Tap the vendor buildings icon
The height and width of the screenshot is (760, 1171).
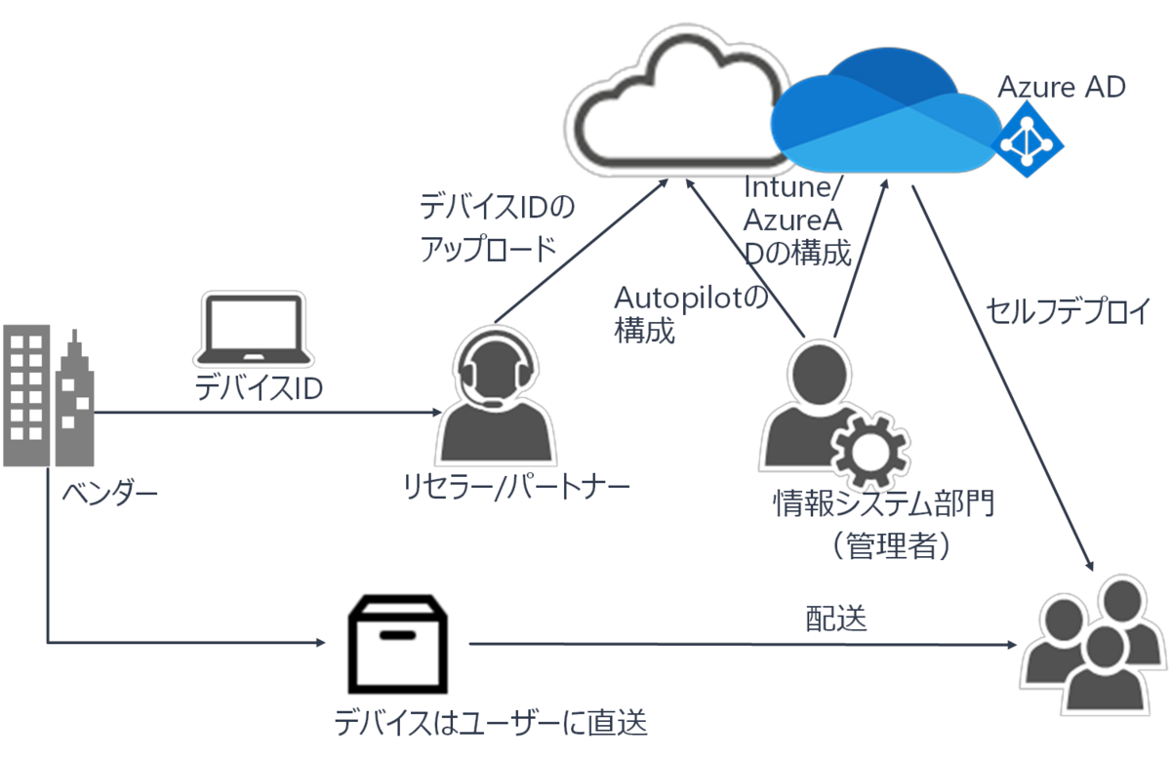point(49,398)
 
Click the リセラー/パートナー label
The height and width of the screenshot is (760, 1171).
point(516,485)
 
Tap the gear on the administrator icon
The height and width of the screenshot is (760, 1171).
point(868,446)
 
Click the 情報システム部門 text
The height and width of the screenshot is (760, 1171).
point(885,504)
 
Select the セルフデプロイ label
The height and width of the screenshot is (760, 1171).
point(1069,311)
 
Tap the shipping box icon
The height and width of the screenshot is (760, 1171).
point(399,645)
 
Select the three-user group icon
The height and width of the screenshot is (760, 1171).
point(1096,643)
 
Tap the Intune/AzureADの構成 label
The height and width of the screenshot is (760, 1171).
point(798,220)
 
